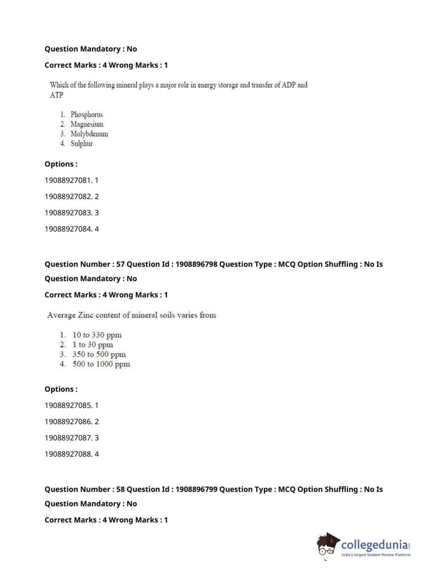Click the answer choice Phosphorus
(86, 114)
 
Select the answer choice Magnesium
(87, 124)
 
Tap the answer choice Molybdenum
(89, 134)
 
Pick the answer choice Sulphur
(81, 144)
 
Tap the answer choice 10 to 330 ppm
(97, 335)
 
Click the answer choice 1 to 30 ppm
(92, 345)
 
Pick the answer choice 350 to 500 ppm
(99, 354)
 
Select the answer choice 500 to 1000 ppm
(101, 364)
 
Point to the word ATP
(56, 95)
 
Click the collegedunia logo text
(374, 545)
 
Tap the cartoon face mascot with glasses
(327, 545)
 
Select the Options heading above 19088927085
(61, 389)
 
